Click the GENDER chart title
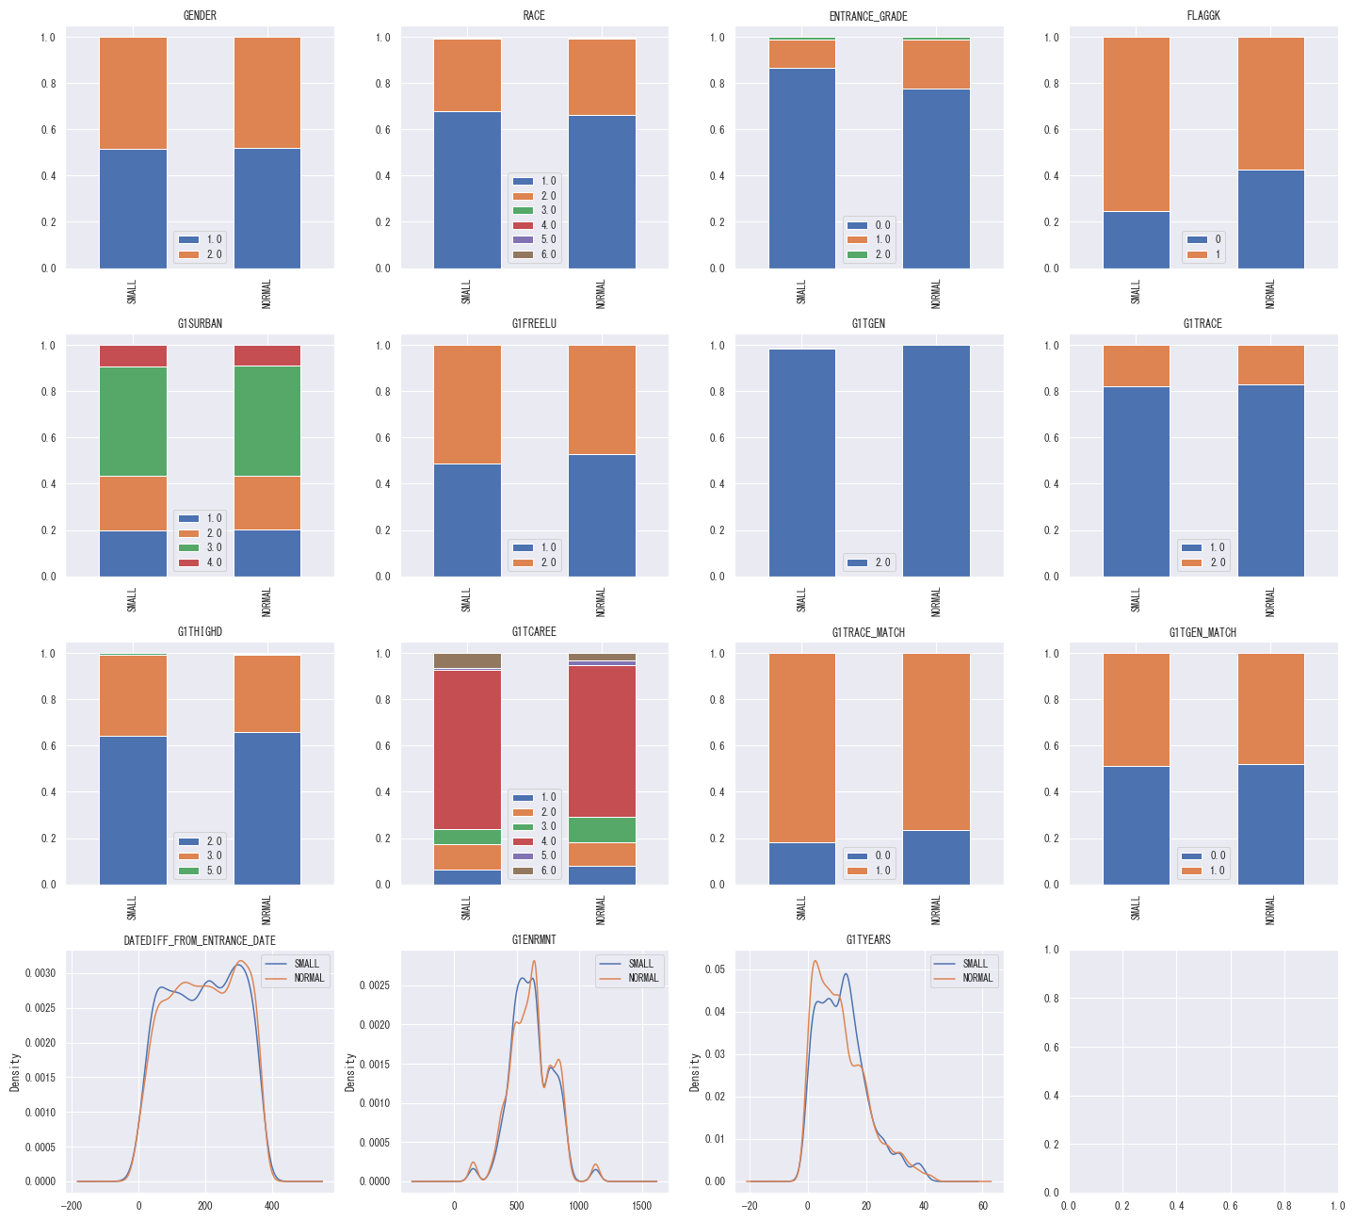[x=200, y=15]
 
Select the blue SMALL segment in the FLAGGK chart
[x=1136, y=239]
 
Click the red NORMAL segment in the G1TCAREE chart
[x=602, y=741]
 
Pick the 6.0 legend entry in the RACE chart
[x=535, y=254]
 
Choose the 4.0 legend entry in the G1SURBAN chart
[x=200, y=562]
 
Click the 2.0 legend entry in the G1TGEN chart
[x=869, y=562]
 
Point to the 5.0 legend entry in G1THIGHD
[x=200, y=871]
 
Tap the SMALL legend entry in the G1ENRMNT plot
[x=629, y=964]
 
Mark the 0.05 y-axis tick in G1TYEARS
[x=718, y=969]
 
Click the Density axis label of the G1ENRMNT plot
[x=349, y=1072]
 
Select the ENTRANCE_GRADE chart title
[x=868, y=15]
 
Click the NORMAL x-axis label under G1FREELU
[x=601, y=600]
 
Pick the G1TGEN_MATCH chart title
[x=1203, y=632]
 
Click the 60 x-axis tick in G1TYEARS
[x=982, y=1205]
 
